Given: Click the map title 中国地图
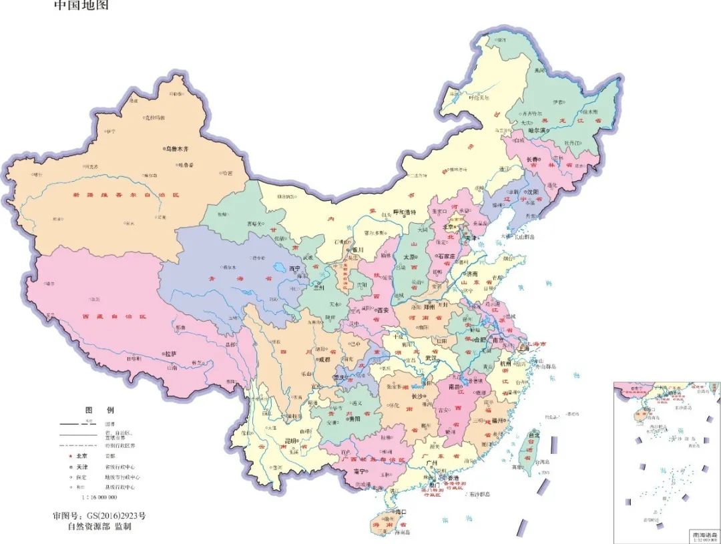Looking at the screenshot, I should [80, 5].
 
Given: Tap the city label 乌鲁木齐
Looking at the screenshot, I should [178, 150].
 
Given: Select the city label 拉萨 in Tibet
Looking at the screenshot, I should [171, 353].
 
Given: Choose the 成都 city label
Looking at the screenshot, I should [324, 359].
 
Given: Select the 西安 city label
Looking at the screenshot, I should [382, 310].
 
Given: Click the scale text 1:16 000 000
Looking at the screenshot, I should [99, 498].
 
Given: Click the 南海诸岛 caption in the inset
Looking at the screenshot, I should [702, 535].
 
